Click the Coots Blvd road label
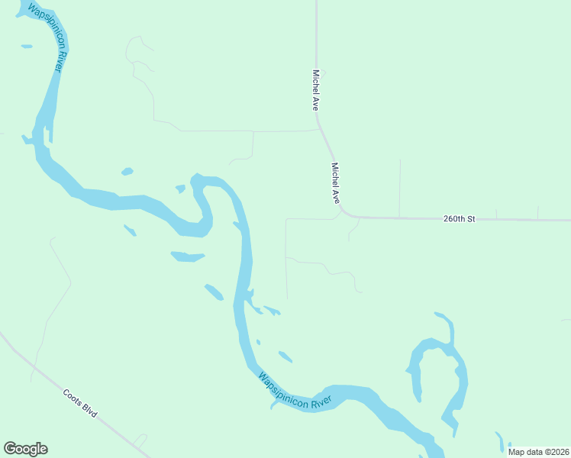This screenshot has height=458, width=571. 81,402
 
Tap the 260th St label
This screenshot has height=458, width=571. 459,219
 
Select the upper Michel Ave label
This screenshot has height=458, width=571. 315,91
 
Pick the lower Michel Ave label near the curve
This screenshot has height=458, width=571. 334,182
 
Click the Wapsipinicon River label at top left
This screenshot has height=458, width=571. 46,39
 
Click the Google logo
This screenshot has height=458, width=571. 25,449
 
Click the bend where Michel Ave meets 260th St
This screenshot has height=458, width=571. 347,213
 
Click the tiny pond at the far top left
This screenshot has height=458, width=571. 27,47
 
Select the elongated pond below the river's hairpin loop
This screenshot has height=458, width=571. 187,256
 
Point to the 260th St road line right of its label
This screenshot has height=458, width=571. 527,220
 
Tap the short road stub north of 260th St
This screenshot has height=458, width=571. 399,187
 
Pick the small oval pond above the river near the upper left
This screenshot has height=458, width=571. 127,171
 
